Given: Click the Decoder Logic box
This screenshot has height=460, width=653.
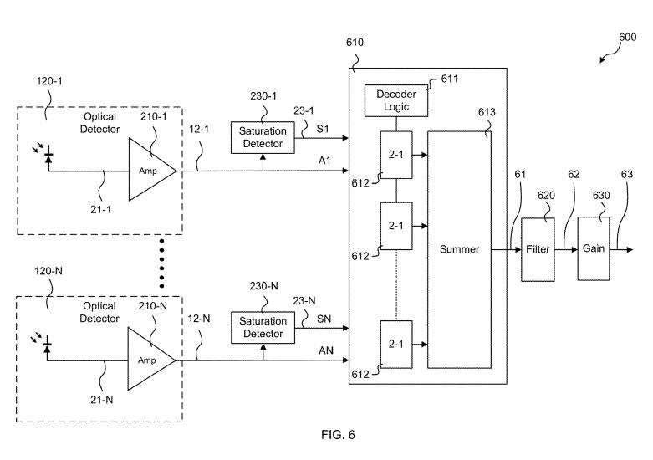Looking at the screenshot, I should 396,100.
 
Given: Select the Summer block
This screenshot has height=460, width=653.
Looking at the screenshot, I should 458,248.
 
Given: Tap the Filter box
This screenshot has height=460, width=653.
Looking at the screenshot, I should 535,248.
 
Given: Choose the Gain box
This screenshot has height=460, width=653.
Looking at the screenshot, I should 593,248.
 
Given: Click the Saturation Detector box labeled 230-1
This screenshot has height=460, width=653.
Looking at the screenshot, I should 263,138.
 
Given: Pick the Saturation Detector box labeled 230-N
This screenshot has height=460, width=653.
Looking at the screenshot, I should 263,327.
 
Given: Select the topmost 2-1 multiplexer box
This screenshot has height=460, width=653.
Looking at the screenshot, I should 396,155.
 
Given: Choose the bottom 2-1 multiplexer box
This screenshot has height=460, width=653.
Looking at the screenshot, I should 396,344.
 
